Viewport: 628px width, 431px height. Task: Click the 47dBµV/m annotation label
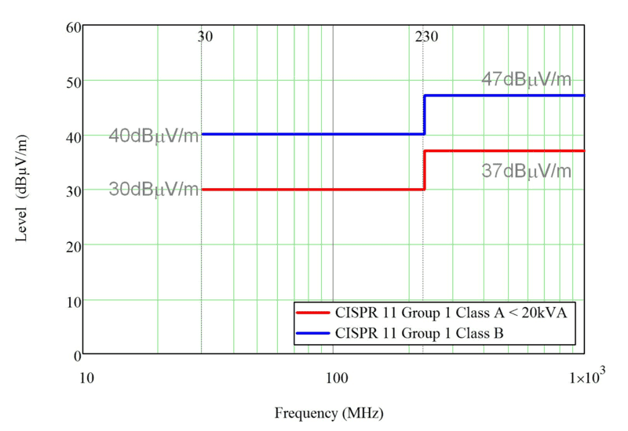(526, 79)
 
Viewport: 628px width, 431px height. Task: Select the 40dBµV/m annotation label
(154, 136)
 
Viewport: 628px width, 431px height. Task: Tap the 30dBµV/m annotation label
(154, 190)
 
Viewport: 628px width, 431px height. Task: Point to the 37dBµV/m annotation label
(526, 172)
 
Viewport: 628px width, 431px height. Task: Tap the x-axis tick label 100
(336, 378)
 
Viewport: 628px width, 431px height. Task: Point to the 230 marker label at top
(426, 37)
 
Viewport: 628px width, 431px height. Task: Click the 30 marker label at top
(205, 37)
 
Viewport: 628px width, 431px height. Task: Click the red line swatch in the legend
(313, 312)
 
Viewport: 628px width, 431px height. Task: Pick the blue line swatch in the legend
(313, 333)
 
